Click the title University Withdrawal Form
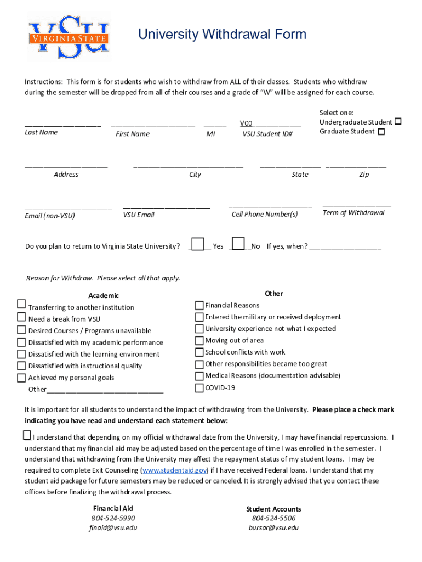coord(222,35)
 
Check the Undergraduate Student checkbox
coord(398,121)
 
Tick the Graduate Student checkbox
coord(381,132)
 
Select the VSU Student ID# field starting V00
coord(270,124)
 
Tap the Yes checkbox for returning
coord(198,244)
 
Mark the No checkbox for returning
coord(238,244)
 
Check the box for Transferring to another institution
coord(21,304)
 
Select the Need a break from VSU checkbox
coord(21,317)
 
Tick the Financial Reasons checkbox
coord(199,305)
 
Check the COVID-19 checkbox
coord(199,388)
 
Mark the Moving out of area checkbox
coord(199,341)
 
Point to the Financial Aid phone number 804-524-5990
coord(113,518)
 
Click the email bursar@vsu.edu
coord(273,528)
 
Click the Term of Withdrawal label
coord(353,213)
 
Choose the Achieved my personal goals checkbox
coord(21,378)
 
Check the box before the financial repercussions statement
coord(27,435)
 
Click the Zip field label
coord(364,175)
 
